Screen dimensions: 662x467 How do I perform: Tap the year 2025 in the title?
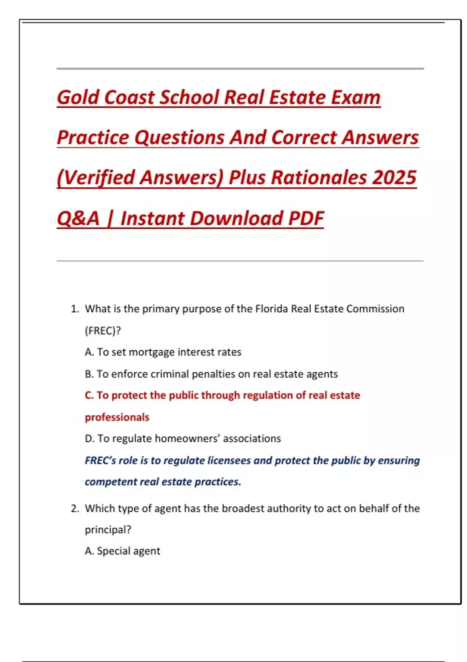click(394, 178)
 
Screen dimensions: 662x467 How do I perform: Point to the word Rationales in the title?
click(319, 178)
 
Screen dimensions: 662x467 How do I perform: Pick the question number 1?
click(74, 309)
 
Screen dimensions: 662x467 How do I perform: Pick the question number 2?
click(75, 509)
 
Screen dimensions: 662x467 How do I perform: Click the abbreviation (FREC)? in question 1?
click(103, 331)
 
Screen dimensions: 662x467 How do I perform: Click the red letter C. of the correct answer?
click(89, 395)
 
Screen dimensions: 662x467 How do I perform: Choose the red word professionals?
click(117, 417)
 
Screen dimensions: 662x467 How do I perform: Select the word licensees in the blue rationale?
click(229, 461)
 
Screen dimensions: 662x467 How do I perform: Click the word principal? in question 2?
click(108, 530)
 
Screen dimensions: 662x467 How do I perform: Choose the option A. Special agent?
click(123, 551)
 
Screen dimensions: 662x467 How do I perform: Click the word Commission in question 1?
click(375, 309)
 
